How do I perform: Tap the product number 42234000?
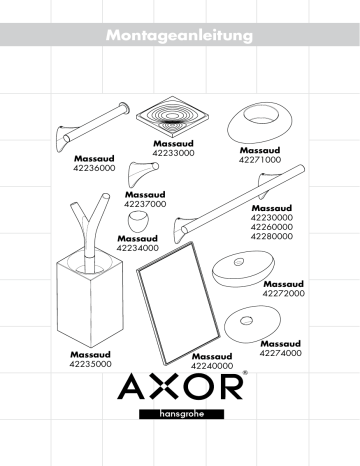(x=137, y=248)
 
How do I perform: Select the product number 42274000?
(x=281, y=353)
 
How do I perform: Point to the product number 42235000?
(x=91, y=364)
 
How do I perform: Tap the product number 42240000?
(x=212, y=366)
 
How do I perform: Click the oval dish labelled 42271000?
(x=258, y=125)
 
